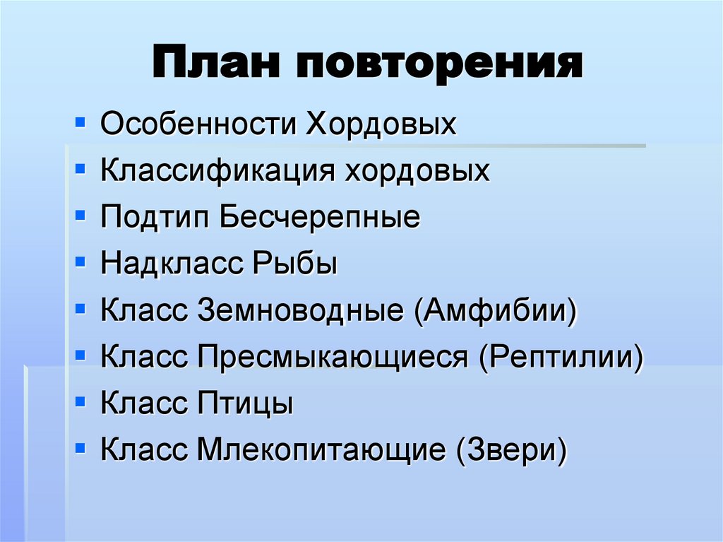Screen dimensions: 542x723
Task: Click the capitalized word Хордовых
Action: (381, 126)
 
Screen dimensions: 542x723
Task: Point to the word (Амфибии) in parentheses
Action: (496, 311)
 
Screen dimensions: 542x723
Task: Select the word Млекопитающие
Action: (321, 451)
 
